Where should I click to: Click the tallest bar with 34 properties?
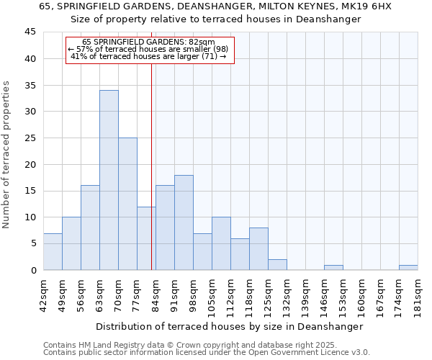(109, 180)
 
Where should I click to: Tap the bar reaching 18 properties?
(184, 222)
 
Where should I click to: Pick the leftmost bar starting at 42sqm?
(53, 251)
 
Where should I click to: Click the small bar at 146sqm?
(333, 267)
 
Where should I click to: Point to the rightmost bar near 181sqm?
(408, 267)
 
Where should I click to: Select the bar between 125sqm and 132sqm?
(277, 264)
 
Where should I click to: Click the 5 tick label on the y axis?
(32, 243)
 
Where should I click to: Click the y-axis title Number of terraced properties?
(7, 155)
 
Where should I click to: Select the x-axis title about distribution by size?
(229, 326)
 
